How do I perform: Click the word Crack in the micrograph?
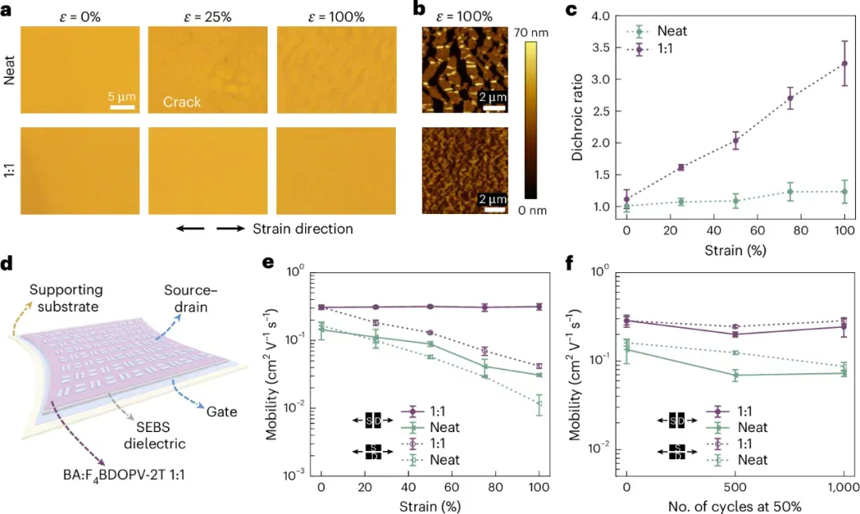pyautogui.click(x=182, y=103)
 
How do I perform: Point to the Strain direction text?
pyautogui.click(x=303, y=229)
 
